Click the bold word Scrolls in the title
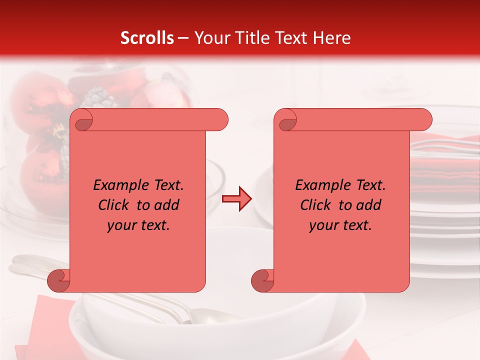pos(147,38)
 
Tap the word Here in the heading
pos(331,38)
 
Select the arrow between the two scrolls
pos(236,199)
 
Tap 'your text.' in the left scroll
pos(138,225)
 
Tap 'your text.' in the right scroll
pos(340,225)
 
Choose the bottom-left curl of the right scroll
pos(261,280)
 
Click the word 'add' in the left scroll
pos(167,205)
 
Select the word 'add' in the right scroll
pos(369,205)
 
